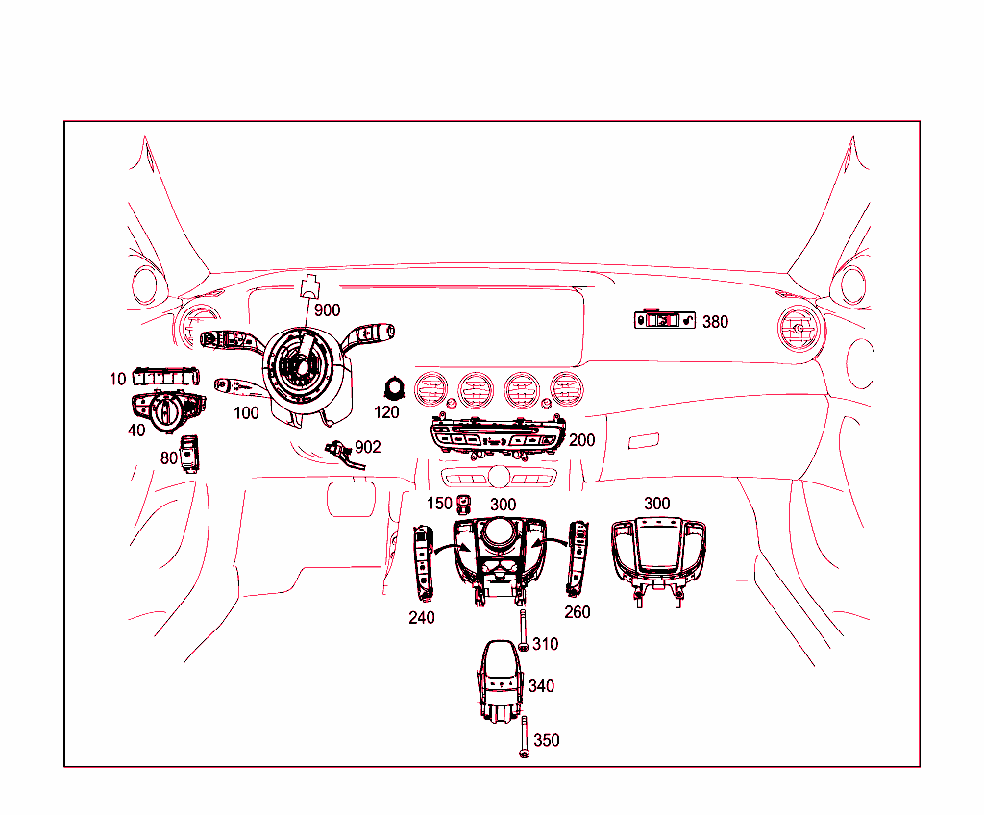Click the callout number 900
[x=327, y=310]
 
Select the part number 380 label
[x=715, y=322]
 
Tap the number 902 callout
[x=367, y=447]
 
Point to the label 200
[x=581, y=440]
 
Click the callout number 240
[x=421, y=618]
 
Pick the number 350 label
[x=546, y=741]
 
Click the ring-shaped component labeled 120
[x=393, y=387]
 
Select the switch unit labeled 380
[x=664, y=320]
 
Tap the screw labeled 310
[x=522, y=630]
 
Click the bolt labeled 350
[x=522, y=738]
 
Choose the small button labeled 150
[x=466, y=504]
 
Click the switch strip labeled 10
[x=166, y=377]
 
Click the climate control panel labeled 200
[x=495, y=438]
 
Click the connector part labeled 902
[x=340, y=450]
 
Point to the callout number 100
[x=246, y=413]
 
